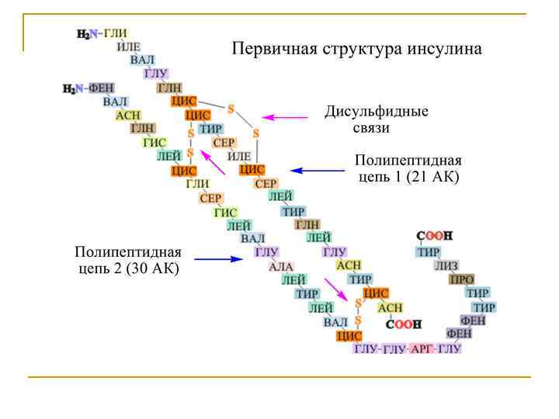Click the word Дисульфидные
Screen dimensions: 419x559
[x=376, y=111]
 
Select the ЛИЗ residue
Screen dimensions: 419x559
[x=446, y=265]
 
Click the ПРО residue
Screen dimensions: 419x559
[x=462, y=279]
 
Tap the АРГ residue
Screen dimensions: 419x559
[x=423, y=349]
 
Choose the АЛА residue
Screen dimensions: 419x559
[x=280, y=266]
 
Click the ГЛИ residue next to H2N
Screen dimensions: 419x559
[x=115, y=33]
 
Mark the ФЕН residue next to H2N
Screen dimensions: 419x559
[x=101, y=88]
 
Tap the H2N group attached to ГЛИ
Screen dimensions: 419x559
[x=88, y=34]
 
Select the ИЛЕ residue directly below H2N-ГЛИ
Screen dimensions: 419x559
[x=128, y=47]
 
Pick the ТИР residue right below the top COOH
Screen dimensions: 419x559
[x=428, y=251]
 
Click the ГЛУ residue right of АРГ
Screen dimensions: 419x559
[x=450, y=349]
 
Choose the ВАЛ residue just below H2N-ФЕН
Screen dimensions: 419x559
[x=115, y=102]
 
